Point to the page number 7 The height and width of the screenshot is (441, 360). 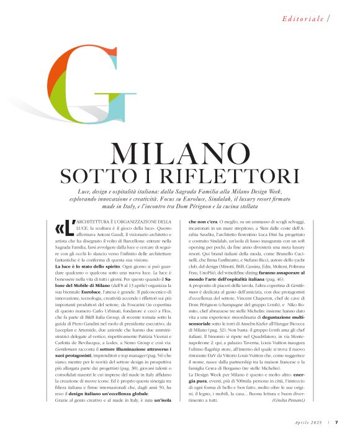point(336,422)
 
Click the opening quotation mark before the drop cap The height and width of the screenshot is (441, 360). point(60,225)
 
